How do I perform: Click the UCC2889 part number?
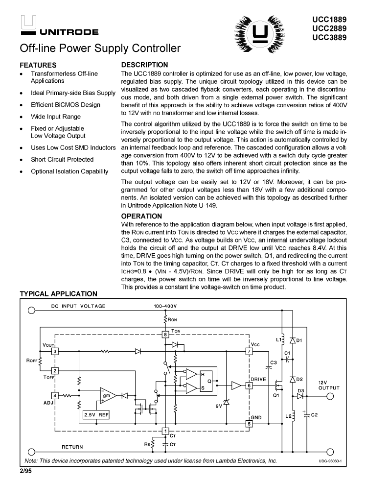tap(333, 28)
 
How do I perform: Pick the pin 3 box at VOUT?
tap(55, 351)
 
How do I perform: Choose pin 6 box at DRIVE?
tap(249, 385)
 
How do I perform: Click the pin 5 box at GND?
tap(249, 423)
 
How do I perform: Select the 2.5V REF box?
tap(96, 414)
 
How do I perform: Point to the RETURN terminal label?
tap(72, 447)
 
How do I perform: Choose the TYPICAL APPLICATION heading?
tap(58, 294)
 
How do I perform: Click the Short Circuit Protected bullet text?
tap(62, 159)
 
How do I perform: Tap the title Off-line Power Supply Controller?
tap(100, 49)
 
